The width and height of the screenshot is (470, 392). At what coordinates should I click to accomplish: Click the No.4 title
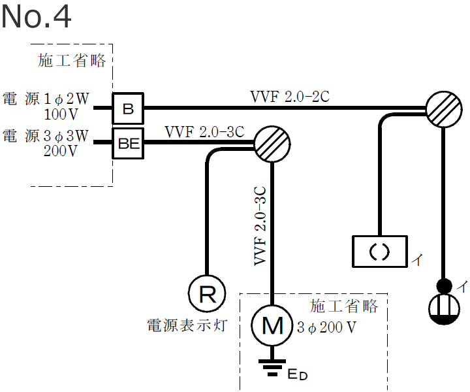36,18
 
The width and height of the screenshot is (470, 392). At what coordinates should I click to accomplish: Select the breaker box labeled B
128,108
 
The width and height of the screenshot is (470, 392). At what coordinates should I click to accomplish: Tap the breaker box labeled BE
129,144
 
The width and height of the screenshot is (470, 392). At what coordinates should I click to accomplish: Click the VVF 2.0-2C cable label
290,97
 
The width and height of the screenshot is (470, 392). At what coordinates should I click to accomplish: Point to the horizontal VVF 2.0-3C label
204,131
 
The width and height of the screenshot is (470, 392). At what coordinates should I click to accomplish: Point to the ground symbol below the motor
272,368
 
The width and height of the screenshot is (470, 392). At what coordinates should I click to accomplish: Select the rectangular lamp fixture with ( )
379,251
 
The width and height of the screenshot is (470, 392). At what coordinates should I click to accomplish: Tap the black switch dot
444,285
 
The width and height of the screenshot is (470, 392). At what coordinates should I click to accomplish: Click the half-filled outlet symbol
444,310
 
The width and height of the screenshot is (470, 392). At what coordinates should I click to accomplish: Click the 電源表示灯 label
187,325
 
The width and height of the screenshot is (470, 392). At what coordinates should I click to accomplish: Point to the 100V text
61,114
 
